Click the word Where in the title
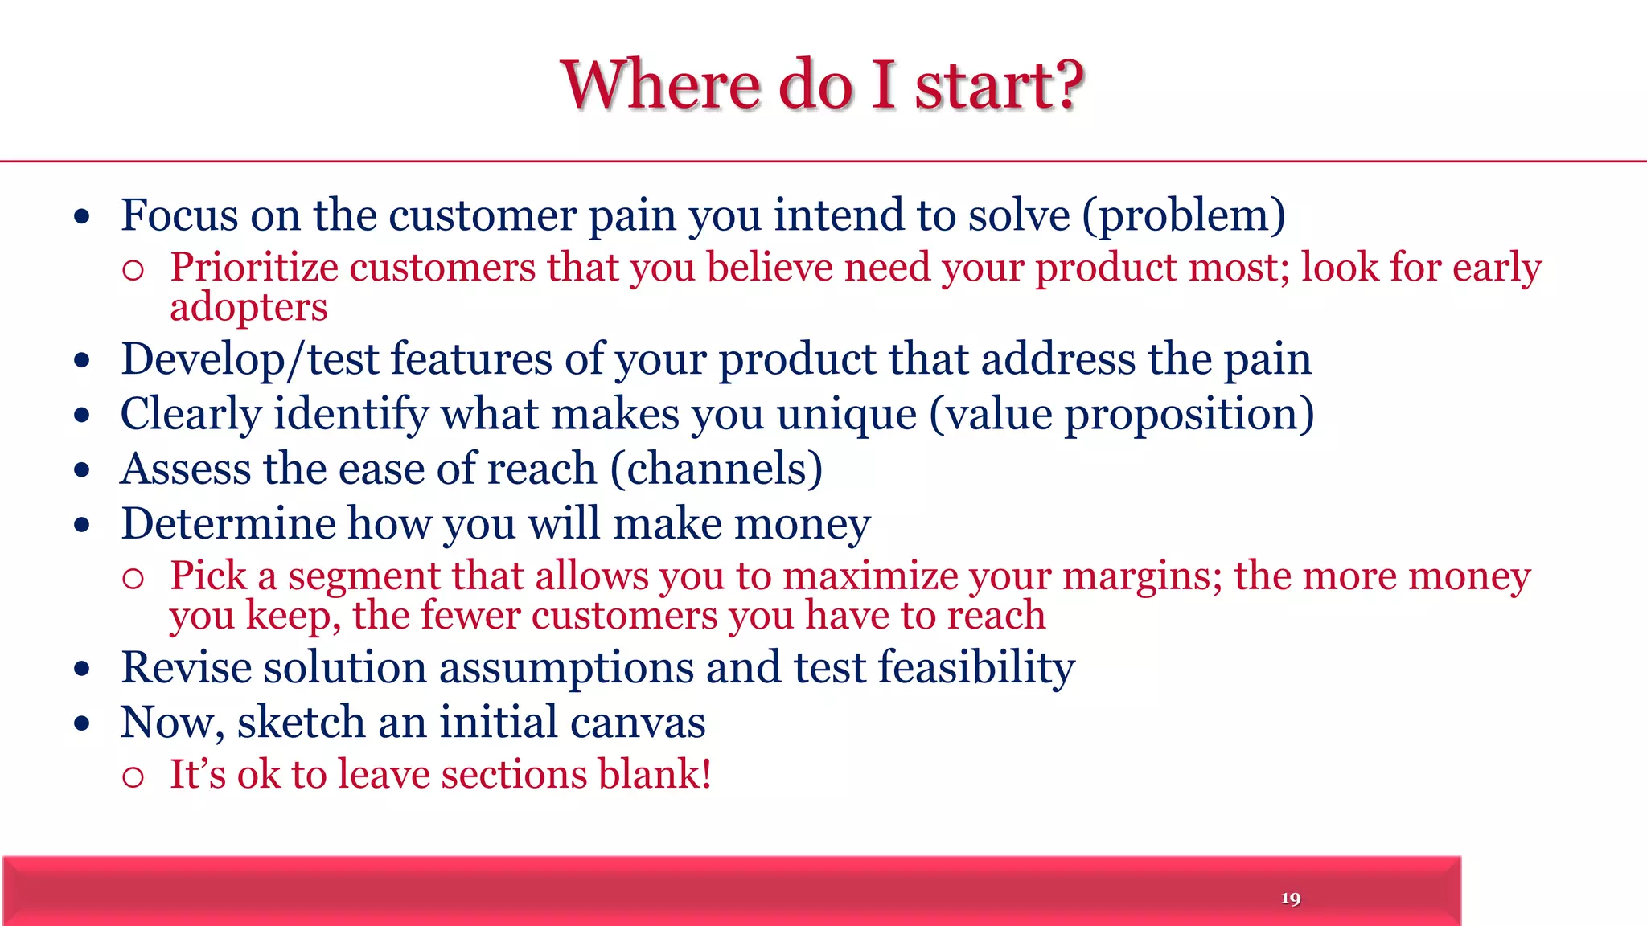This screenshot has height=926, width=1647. coord(660,85)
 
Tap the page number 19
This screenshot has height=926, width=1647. coord(1290,898)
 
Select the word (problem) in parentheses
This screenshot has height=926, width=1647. coord(1183,216)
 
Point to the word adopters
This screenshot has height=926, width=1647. coord(248,308)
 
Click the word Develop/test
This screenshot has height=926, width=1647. coord(249,359)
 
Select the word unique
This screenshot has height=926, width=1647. coord(846,415)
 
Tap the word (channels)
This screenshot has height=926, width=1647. coord(717,469)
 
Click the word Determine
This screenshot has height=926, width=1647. coord(228,524)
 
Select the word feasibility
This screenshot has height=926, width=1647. coord(976,668)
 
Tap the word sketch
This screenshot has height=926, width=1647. coord(301,723)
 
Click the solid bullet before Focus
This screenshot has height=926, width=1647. coord(82,216)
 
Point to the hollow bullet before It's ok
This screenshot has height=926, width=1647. coord(133,776)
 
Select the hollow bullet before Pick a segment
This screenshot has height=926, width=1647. coord(133,578)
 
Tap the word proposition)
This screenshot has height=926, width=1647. coord(1189,415)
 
